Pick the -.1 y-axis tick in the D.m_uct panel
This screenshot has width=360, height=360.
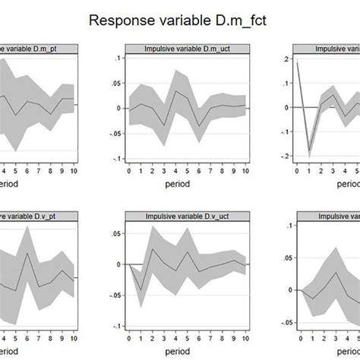tap(115, 159)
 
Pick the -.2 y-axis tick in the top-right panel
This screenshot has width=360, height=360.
tap(283, 156)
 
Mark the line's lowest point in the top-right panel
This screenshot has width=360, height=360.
tap(309, 153)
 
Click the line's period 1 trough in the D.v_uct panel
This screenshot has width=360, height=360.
tap(141, 290)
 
